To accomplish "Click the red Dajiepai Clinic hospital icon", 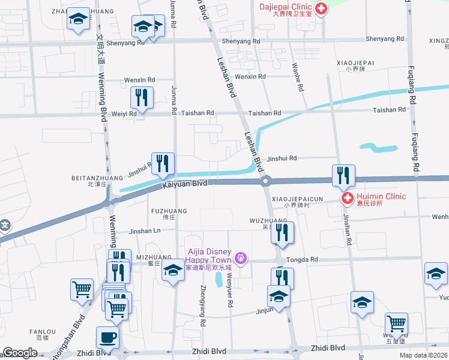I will (321, 9).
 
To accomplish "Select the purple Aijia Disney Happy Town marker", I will (241, 258).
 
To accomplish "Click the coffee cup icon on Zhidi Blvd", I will (107, 337).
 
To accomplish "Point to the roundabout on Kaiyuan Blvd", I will (265, 180).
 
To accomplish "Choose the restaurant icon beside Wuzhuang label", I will (282, 232).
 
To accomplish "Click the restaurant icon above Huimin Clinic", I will (343, 175).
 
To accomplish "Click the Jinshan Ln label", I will (145, 230).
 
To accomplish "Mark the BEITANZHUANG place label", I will (89, 178).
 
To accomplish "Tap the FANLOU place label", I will (43, 331).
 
